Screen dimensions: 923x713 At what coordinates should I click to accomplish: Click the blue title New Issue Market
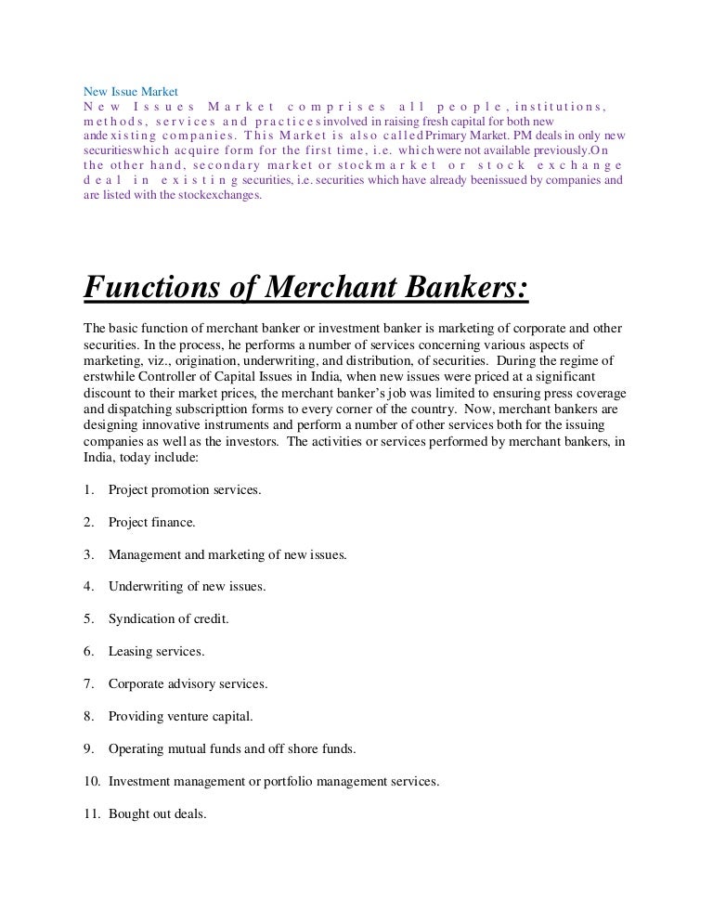(123, 92)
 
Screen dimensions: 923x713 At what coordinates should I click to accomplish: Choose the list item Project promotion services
(184, 489)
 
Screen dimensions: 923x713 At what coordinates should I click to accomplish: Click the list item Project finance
(151, 522)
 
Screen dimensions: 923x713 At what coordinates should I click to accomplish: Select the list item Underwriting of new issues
(187, 587)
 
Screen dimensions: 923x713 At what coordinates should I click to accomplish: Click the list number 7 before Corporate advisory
(89, 684)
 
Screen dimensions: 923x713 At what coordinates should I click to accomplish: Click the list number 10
(91, 782)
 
